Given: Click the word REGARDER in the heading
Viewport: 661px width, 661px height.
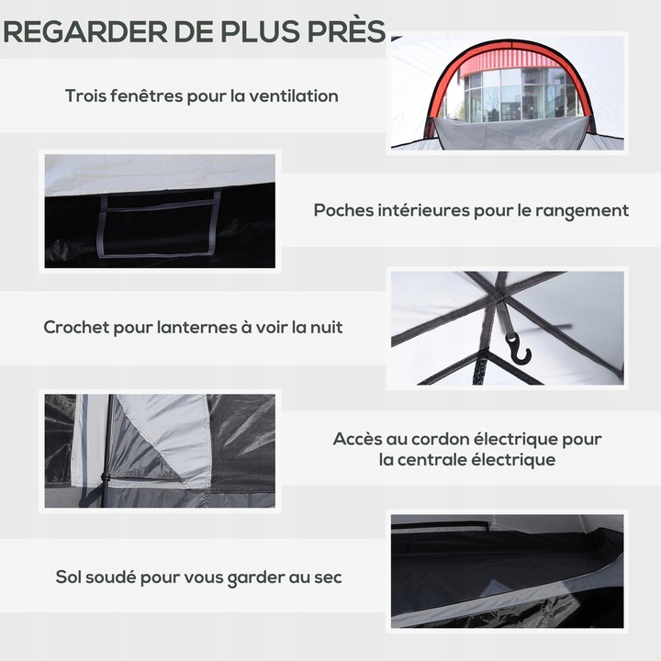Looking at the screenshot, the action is pyautogui.click(x=85, y=31).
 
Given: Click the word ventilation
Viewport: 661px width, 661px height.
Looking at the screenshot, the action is pyautogui.click(x=294, y=95).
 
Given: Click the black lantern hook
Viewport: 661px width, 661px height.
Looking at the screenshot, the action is pyautogui.click(x=519, y=348).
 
